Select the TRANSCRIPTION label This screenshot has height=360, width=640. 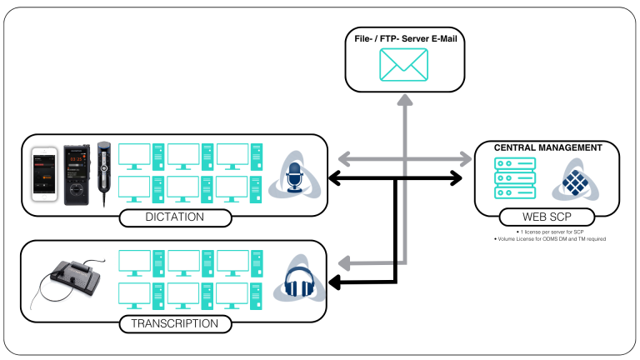(173, 323)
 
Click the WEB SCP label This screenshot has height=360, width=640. (546, 218)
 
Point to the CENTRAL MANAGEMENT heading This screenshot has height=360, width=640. (547, 147)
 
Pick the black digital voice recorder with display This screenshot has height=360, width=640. (79, 173)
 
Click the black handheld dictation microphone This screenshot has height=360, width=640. (105, 171)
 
